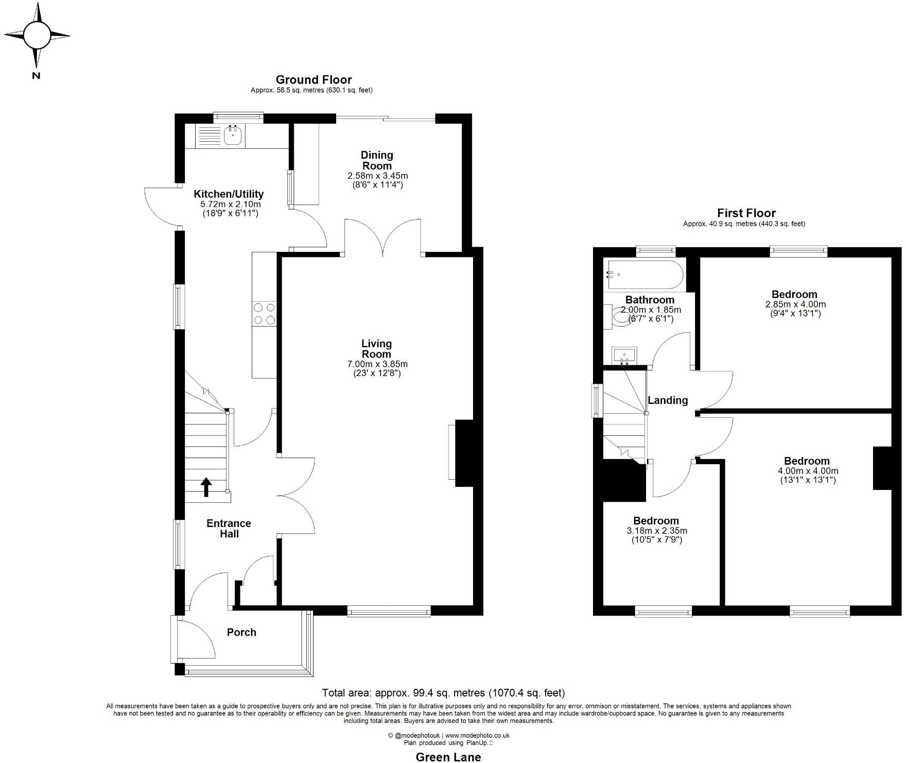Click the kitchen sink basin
pyautogui.click(x=234, y=135)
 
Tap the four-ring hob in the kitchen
pyautogui.click(x=264, y=314)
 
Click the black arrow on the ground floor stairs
pyautogui.click(x=206, y=487)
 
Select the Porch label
pyautogui.click(x=241, y=632)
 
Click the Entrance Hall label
pyautogui.click(x=229, y=529)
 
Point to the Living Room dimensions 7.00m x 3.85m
pyautogui.click(x=377, y=364)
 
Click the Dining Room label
pyautogui.click(x=377, y=160)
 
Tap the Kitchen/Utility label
pyautogui.click(x=229, y=194)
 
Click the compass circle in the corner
pyautogui.click(x=36, y=35)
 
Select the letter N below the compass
pyautogui.click(x=36, y=76)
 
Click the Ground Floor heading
pyautogui.click(x=313, y=80)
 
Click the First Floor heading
pyautogui.click(x=746, y=213)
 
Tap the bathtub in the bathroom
pyautogui.click(x=645, y=275)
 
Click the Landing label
pyautogui.click(x=668, y=400)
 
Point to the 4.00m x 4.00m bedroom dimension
pyautogui.click(x=808, y=471)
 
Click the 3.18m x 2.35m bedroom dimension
pyautogui.click(x=657, y=531)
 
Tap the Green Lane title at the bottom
pyautogui.click(x=448, y=757)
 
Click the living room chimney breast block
pyautogui.click(x=464, y=453)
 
